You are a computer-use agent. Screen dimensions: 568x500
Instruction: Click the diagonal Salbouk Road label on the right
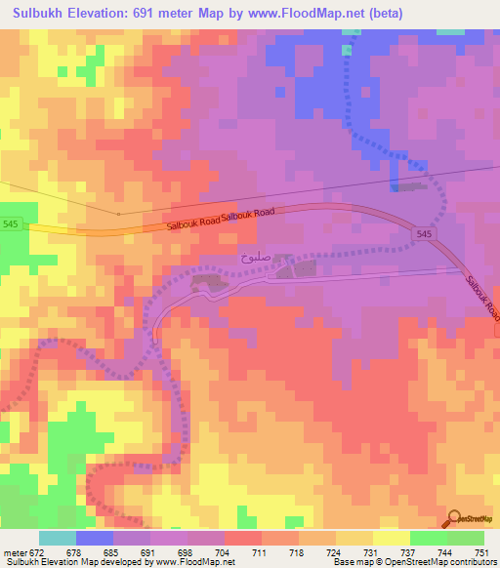[x=481, y=298]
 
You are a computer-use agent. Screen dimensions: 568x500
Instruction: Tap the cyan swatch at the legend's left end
[x=58, y=538]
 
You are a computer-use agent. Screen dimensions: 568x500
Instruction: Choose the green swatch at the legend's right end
[x=466, y=538]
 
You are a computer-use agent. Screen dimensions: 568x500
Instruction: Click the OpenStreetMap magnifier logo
[x=456, y=519]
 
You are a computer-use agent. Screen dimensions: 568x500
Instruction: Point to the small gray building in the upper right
[x=411, y=184]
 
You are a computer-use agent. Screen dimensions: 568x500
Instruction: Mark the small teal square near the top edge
[x=347, y=49]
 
